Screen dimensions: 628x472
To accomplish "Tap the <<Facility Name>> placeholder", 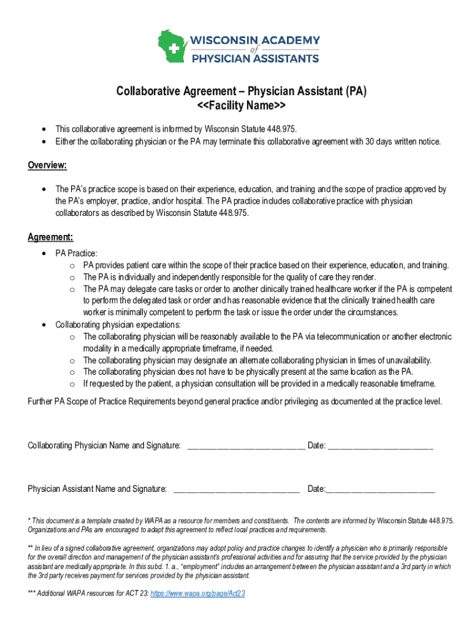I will pos(242,107).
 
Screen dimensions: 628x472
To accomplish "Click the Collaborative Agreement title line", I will pos(242,92).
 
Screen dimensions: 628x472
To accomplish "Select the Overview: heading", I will pos(47,166).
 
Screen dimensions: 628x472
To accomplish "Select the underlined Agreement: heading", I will pos(51,237).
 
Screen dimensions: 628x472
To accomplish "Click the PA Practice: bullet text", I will pos(77,253).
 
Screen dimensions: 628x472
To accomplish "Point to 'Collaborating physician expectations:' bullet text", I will pos(118,324).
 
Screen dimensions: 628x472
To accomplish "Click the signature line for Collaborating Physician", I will pos(245,446).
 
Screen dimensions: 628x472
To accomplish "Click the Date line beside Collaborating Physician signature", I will pos(380,446).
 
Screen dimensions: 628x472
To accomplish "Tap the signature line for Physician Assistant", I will pos(237,489).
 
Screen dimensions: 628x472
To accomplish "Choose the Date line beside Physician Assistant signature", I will pos(380,489).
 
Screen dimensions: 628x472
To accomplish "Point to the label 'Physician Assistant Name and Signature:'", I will pos(97,489).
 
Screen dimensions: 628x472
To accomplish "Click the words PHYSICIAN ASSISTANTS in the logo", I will pos(255,59).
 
